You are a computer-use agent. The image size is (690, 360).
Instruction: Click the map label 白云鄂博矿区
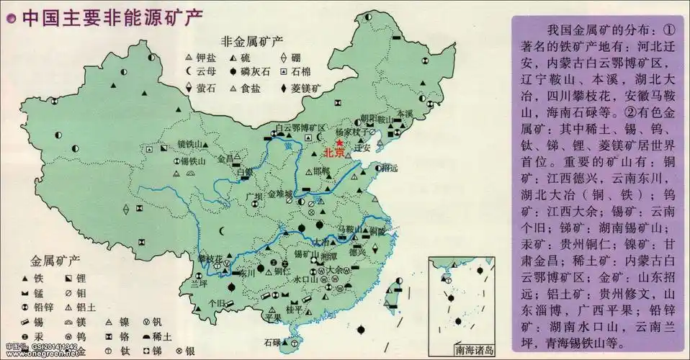[x=297, y=127]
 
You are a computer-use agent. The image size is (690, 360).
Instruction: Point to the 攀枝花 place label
[x=210, y=258]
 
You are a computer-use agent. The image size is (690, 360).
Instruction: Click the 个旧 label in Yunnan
[x=218, y=304]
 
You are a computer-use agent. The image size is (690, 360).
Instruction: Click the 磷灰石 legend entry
[x=255, y=72]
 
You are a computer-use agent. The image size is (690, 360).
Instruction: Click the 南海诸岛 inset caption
[x=475, y=351]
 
